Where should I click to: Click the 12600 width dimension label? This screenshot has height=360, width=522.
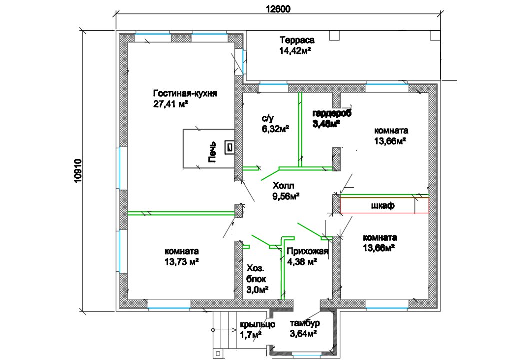click(x=278, y=9)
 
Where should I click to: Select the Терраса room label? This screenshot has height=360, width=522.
click(x=297, y=40)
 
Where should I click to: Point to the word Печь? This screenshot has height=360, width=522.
click(x=212, y=152)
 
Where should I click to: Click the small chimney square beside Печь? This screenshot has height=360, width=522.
click(x=229, y=147)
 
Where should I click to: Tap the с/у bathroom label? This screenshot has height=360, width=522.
click(x=267, y=118)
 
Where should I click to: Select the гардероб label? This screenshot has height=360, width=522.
click(x=332, y=113)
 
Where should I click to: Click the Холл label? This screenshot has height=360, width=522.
click(x=283, y=186)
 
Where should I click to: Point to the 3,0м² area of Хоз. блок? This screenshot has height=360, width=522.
click(x=257, y=290)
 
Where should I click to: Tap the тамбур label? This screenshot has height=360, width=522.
click(x=305, y=323)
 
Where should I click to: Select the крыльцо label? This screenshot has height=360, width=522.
click(x=257, y=324)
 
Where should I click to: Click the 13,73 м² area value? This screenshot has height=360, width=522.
click(x=182, y=262)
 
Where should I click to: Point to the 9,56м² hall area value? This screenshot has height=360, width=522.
click(x=286, y=196)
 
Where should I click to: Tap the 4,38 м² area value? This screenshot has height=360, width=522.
click(x=302, y=262)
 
